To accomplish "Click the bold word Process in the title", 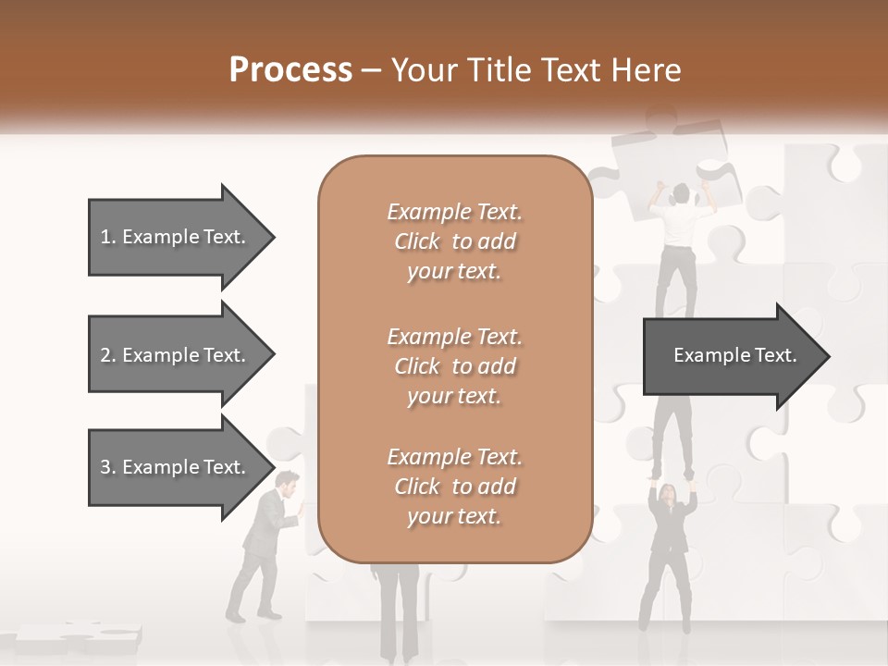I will [290, 70].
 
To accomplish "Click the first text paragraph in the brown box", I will [455, 241].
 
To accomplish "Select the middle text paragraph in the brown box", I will [455, 365].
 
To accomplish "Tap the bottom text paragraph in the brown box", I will [455, 487].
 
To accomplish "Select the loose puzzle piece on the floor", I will [79, 635].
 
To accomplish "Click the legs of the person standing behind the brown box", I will [400, 615].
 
